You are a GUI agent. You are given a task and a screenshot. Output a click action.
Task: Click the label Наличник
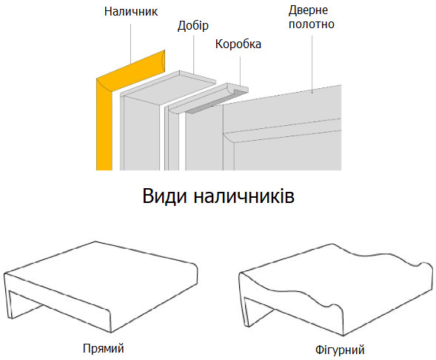coord(131,11)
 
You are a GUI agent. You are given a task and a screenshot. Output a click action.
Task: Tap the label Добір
coord(193,26)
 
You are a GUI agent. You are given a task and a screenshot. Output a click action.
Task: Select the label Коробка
coord(238,44)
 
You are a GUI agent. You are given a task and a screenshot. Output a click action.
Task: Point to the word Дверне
coord(308,10)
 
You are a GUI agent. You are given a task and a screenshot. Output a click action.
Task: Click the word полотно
coord(312,24)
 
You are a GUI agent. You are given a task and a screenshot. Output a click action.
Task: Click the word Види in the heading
coord(164,196)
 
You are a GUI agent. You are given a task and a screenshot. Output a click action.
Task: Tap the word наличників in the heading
coord(244,196)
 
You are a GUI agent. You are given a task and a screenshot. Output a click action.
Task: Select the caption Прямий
coord(103,349)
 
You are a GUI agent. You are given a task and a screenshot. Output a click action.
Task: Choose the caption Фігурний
coord(340,350)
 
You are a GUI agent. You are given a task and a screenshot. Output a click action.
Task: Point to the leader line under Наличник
coord(131,44)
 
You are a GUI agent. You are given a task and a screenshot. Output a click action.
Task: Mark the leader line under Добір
coord(193,54)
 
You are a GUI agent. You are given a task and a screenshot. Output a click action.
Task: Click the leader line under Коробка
coord(240,71)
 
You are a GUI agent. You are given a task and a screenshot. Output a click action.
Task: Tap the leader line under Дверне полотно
coord(312,64)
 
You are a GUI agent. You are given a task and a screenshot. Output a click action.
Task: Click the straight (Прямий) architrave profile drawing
coord(101,287)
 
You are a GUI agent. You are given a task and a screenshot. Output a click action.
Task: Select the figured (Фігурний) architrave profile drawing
coord(335,290)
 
